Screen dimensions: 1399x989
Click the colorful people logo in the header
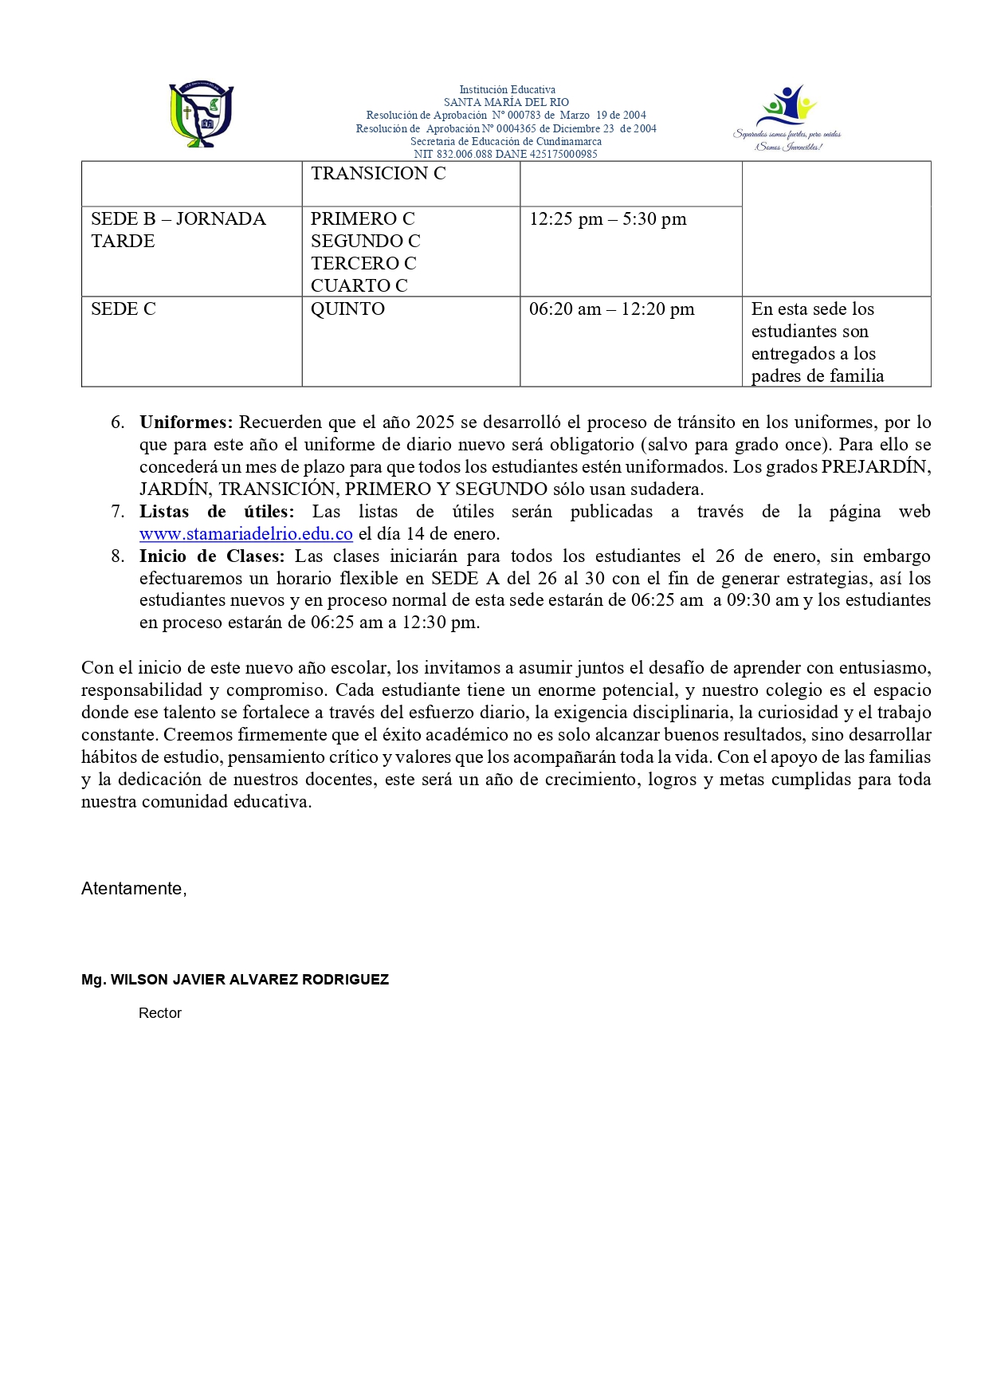click(788, 116)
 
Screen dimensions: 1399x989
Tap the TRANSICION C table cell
click(378, 174)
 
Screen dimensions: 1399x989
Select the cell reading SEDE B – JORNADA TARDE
click(178, 230)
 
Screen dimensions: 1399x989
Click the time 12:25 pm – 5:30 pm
click(607, 219)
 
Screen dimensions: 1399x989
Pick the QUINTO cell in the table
click(347, 309)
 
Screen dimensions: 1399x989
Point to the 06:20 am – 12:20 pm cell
click(611, 309)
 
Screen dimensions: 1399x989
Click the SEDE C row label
click(123, 309)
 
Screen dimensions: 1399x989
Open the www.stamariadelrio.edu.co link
click(245, 534)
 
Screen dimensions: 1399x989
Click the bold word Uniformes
click(186, 422)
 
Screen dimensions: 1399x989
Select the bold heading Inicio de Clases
click(211, 556)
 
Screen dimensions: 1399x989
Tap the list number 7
click(118, 512)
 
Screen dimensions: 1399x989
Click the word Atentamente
click(133, 889)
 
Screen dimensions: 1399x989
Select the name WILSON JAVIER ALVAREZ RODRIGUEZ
click(249, 980)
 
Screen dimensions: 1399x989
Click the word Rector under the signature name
click(159, 1013)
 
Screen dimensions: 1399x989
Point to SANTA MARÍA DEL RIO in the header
click(506, 102)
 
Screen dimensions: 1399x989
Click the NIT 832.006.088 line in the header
click(505, 154)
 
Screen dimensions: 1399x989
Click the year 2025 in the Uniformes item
click(435, 422)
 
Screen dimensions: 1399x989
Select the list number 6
click(118, 422)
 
